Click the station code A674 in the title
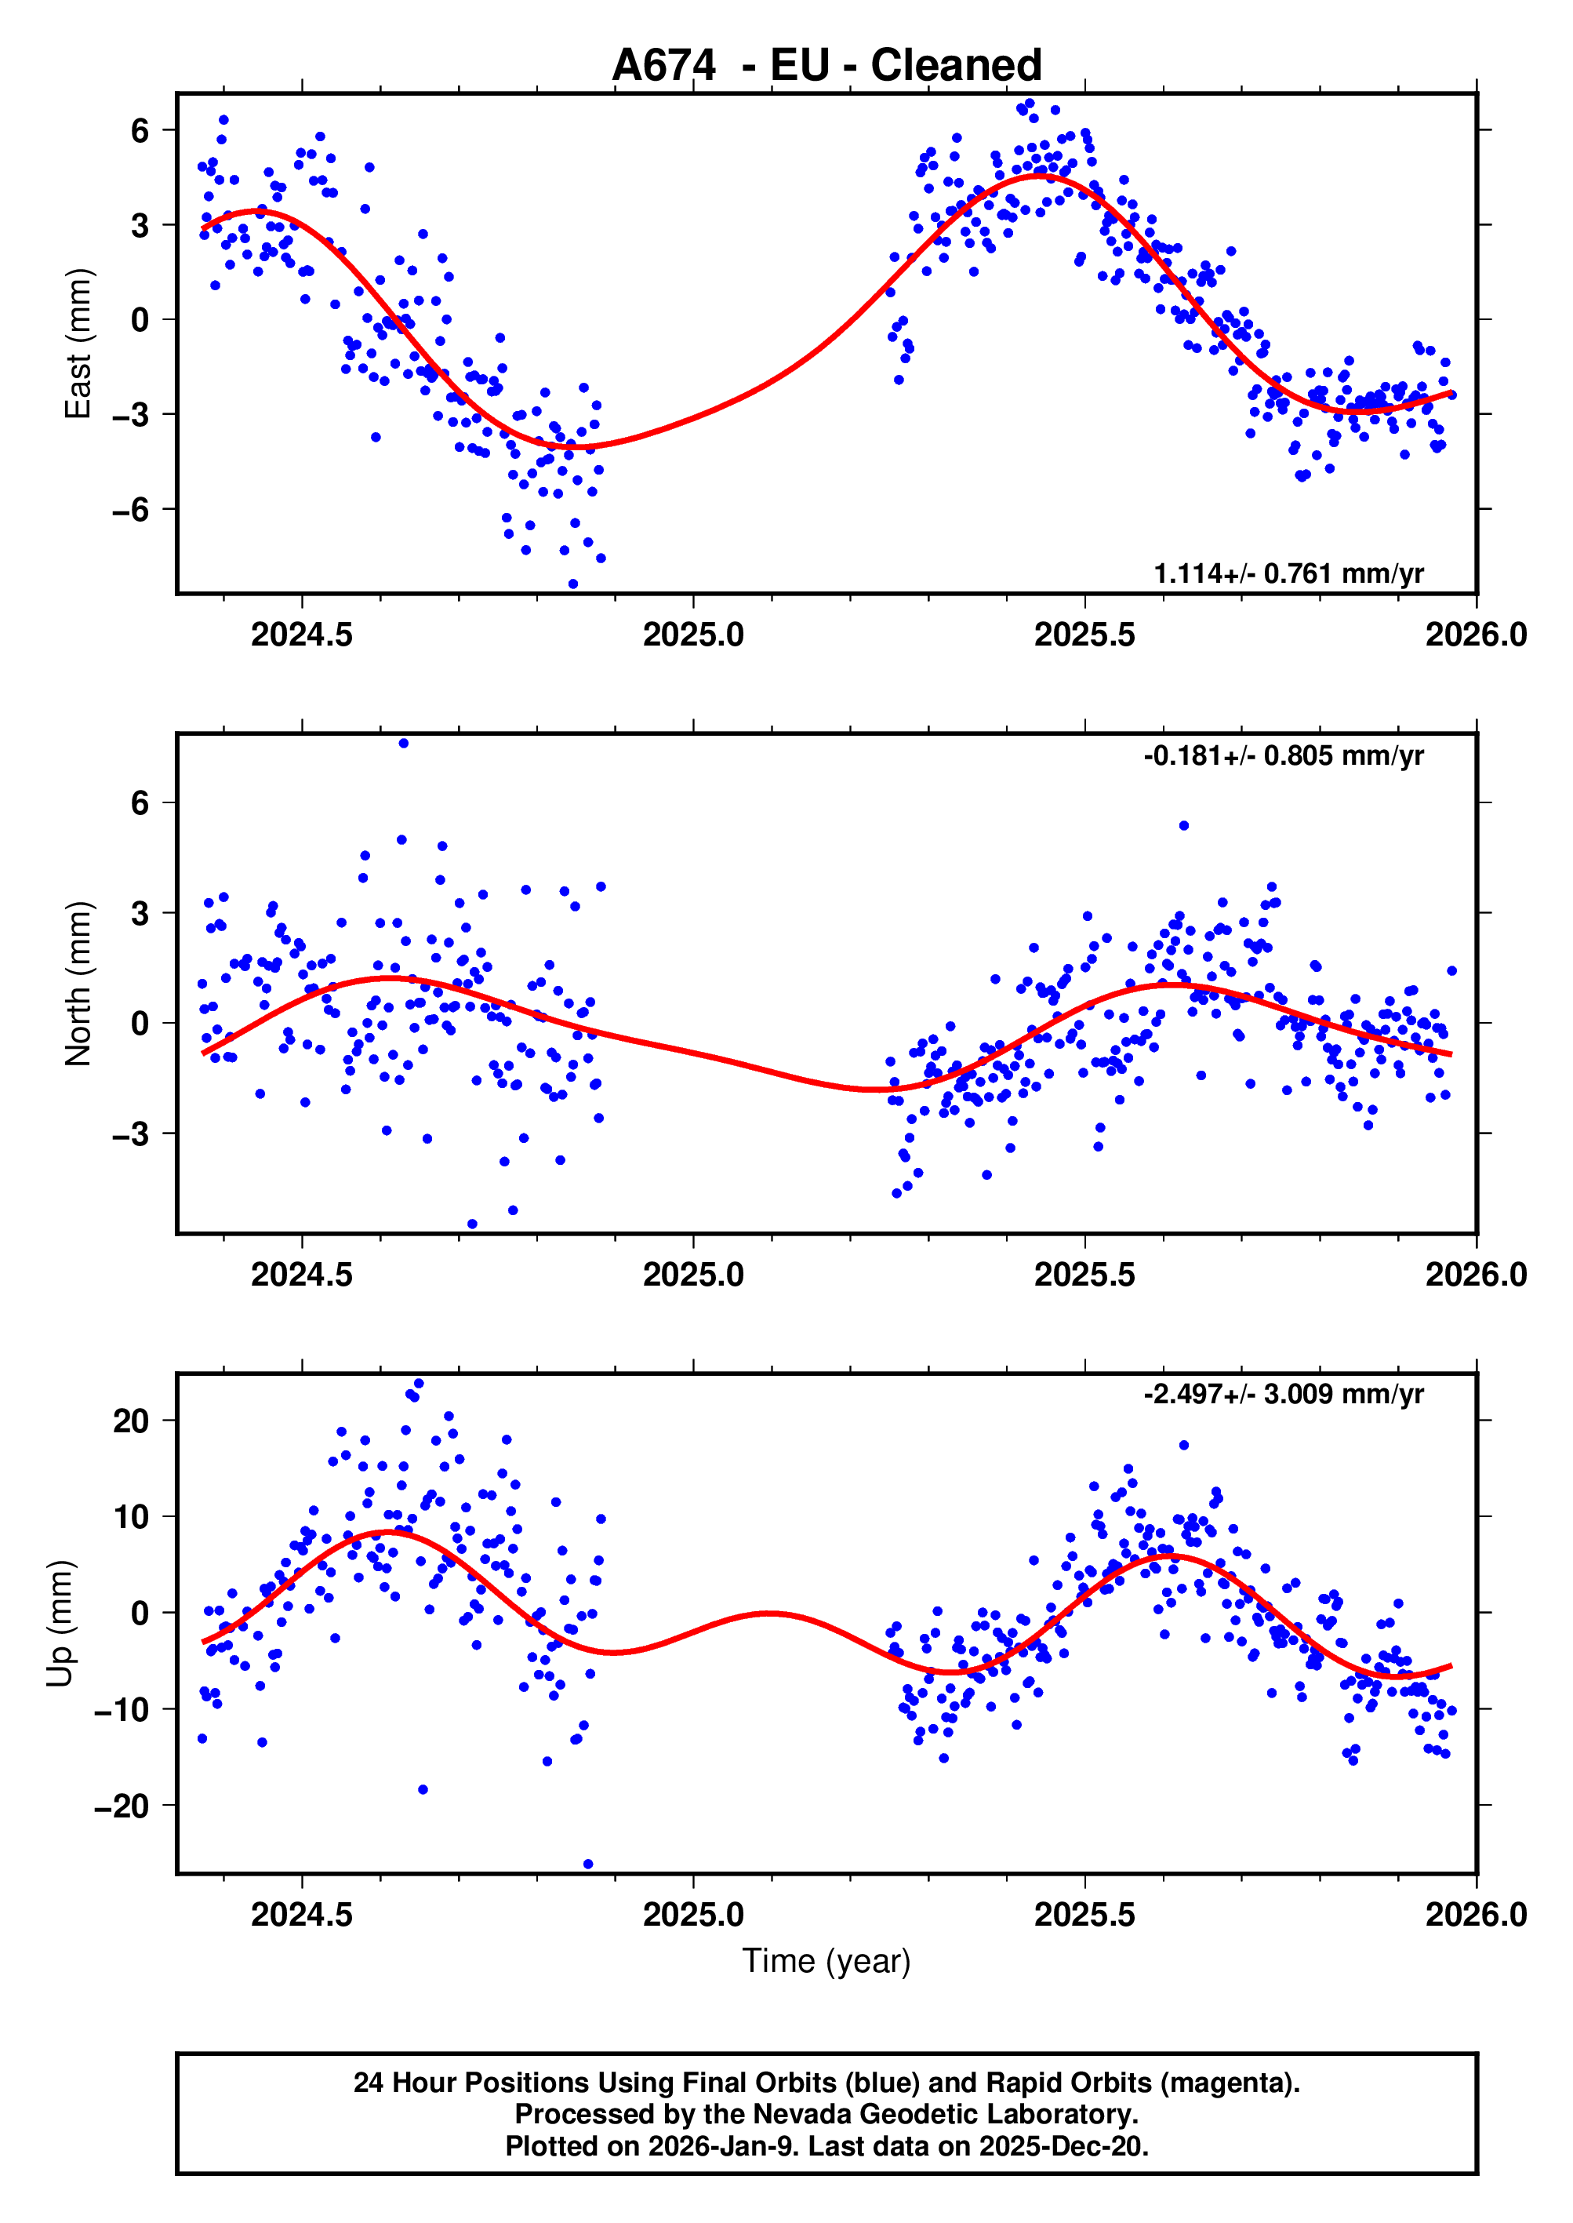click(x=663, y=66)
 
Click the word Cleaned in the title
click(x=956, y=66)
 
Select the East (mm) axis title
click(x=78, y=344)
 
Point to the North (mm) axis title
click(x=78, y=984)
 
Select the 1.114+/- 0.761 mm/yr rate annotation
click(x=1288, y=573)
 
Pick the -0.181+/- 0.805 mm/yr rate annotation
click(x=1284, y=755)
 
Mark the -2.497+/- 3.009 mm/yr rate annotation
click(x=1284, y=1394)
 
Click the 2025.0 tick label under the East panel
click(x=693, y=635)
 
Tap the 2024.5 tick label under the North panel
click(x=302, y=1275)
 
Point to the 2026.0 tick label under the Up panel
click(x=1475, y=1914)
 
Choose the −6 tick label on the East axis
click(x=132, y=510)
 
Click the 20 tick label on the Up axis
click(x=132, y=1421)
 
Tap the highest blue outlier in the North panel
click(x=404, y=744)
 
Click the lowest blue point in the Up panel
click(x=588, y=1864)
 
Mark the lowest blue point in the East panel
click(x=573, y=584)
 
